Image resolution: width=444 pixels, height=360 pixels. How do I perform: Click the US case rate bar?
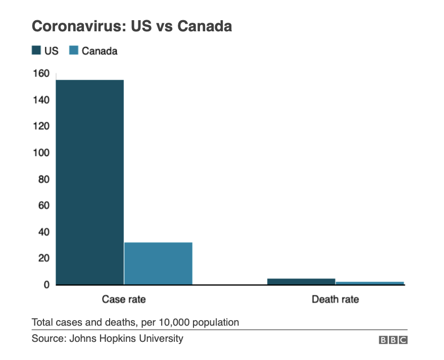(x=89, y=182)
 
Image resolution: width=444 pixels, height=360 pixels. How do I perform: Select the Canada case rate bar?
(x=158, y=263)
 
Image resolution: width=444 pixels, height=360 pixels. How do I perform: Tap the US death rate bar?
(x=301, y=281)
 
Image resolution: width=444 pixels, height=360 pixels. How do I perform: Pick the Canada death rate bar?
(x=370, y=283)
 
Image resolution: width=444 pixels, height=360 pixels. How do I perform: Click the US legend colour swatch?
(x=36, y=50)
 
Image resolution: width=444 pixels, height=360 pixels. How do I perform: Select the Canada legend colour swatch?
(x=74, y=50)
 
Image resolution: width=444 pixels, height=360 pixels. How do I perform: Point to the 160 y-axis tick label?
(x=41, y=74)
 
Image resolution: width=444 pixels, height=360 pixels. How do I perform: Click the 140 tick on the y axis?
(x=41, y=100)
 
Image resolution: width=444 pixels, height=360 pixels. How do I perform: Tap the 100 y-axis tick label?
(x=41, y=153)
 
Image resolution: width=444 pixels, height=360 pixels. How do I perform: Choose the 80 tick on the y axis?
(x=43, y=179)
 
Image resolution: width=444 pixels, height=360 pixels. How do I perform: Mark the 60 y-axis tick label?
(x=43, y=205)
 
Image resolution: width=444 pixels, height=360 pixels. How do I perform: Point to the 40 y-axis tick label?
(x=43, y=232)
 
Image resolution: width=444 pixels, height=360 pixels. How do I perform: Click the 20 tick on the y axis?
(x=43, y=259)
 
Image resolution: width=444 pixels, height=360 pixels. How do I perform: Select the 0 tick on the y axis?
(x=46, y=285)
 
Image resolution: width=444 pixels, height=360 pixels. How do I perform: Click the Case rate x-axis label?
(x=124, y=299)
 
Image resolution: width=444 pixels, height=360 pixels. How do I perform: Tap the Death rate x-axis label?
(x=335, y=299)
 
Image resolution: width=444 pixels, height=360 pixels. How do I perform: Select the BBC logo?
(x=393, y=340)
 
